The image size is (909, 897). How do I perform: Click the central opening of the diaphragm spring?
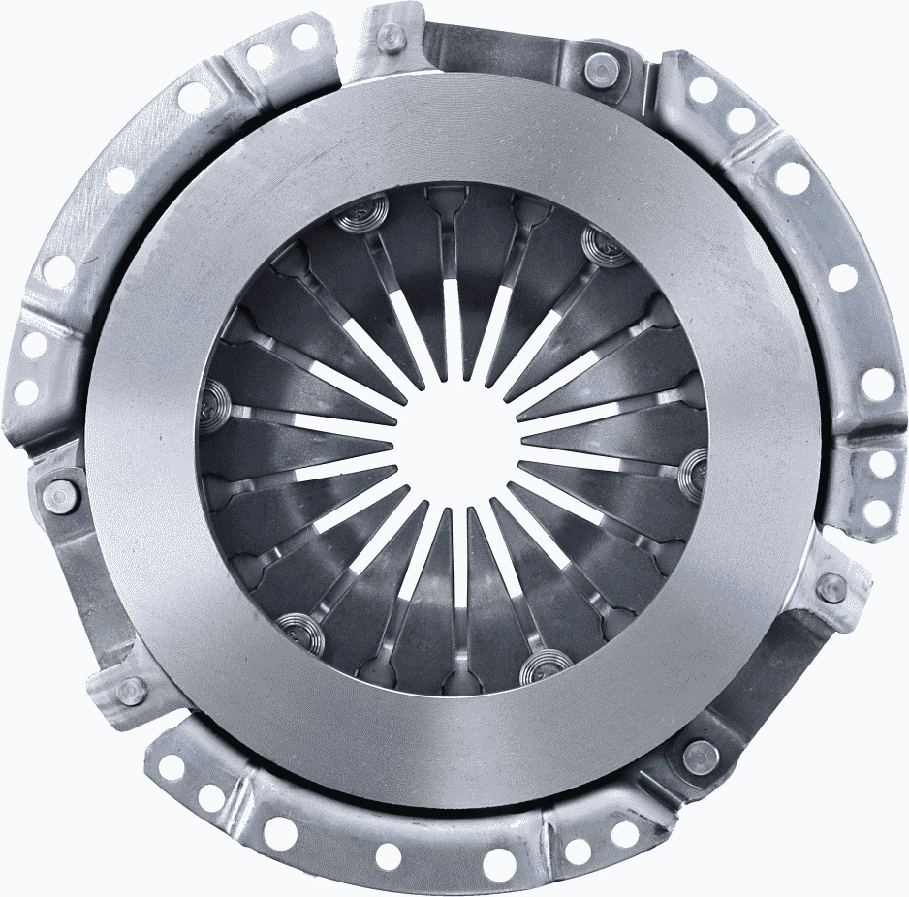click(x=455, y=441)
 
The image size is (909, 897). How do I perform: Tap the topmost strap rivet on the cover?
click(x=392, y=37)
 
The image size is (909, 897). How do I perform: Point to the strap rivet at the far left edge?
click(x=60, y=495)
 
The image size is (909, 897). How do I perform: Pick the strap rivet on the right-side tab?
click(x=831, y=586)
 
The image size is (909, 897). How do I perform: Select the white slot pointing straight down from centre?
click(x=458, y=562)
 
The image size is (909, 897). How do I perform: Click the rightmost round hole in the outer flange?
click(x=877, y=384)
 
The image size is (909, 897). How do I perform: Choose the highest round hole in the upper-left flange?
click(x=304, y=37)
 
